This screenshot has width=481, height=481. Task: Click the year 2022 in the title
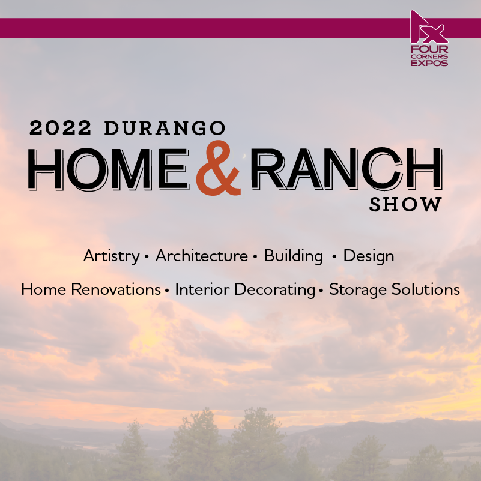(x=60, y=128)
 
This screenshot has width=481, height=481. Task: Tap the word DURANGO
(x=165, y=128)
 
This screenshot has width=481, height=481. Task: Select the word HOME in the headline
(x=108, y=169)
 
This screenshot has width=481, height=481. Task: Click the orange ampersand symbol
(x=219, y=168)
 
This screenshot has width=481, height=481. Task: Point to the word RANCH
(x=346, y=168)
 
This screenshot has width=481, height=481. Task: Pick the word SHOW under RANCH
(x=405, y=205)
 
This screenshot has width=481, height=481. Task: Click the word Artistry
(x=111, y=256)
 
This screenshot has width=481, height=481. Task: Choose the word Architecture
(x=202, y=256)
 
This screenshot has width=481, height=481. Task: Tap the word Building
(x=293, y=256)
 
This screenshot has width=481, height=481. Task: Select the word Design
(x=369, y=256)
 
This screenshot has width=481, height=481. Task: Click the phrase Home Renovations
(x=91, y=289)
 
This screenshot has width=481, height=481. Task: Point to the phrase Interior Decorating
(x=245, y=290)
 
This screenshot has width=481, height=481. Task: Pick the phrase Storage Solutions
(x=395, y=289)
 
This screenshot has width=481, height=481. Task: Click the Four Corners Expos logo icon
(x=428, y=27)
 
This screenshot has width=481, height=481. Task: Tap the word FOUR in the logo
(x=429, y=49)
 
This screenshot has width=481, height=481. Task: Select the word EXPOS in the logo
(x=429, y=63)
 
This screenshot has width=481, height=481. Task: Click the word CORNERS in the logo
(x=429, y=56)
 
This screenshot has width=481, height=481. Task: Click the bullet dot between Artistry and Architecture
(x=147, y=257)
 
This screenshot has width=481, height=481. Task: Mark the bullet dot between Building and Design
(x=334, y=257)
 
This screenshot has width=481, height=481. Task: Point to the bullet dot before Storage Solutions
(x=321, y=291)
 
